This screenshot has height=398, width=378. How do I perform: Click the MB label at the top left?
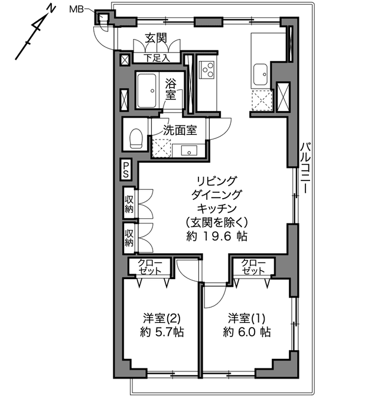point(77,9)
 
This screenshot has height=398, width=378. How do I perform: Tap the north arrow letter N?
point(51,9)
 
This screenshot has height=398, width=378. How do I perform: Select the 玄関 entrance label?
point(156,38)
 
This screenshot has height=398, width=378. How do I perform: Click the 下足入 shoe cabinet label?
point(157,58)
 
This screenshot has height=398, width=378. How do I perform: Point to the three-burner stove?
point(207,69)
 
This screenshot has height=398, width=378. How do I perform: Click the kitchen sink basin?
point(260,75)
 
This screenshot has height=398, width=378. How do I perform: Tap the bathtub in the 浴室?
point(147,90)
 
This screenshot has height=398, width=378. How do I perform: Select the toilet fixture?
point(136,138)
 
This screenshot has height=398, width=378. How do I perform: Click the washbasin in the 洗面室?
point(189,150)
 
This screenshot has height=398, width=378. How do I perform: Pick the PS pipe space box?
point(125,170)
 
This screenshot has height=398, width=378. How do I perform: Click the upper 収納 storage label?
point(129,204)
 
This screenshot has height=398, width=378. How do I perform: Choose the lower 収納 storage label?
point(129,238)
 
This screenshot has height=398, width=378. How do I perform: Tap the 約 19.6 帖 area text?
point(217,237)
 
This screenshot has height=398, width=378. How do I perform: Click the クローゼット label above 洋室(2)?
point(149,267)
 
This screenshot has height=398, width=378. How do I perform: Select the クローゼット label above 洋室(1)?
point(253,267)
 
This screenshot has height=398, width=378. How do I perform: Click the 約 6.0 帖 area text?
point(247,332)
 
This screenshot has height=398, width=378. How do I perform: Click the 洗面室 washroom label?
point(180,130)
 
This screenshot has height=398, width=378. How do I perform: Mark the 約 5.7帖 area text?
point(162,332)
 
